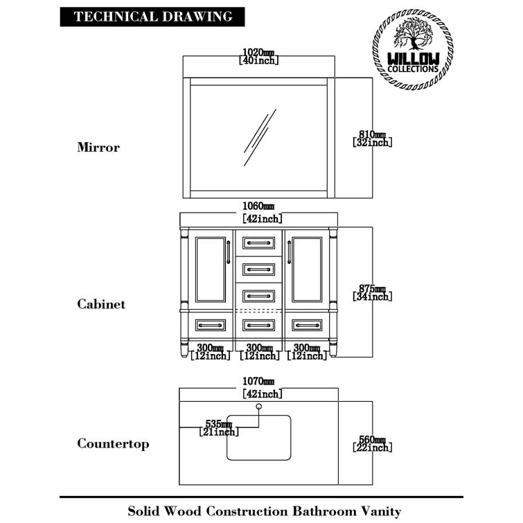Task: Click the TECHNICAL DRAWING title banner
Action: pyautogui.click(x=153, y=17)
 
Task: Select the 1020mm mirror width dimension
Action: pyautogui.click(x=258, y=56)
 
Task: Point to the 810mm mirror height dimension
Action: pyautogui.click(x=371, y=138)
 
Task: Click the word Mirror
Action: pyautogui.click(x=98, y=148)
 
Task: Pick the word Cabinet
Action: pyautogui.click(x=101, y=304)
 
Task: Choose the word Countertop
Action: pyautogui.click(x=113, y=444)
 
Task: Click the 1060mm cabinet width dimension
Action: pyautogui.click(x=258, y=212)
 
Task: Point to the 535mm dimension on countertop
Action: pyautogui.click(x=219, y=427)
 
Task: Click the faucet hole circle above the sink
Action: pyautogui.click(x=258, y=405)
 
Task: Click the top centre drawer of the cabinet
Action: pyautogui.click(x=258, y=242)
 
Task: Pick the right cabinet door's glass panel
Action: pyautogui.click(x=307, y=269)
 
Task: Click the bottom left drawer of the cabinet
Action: pyautogui.click(x=210, y=324)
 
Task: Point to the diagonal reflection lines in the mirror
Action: pyautogui.click(x=259, y=136)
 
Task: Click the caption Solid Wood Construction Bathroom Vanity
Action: pyautogui.click(x=264, y=512)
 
